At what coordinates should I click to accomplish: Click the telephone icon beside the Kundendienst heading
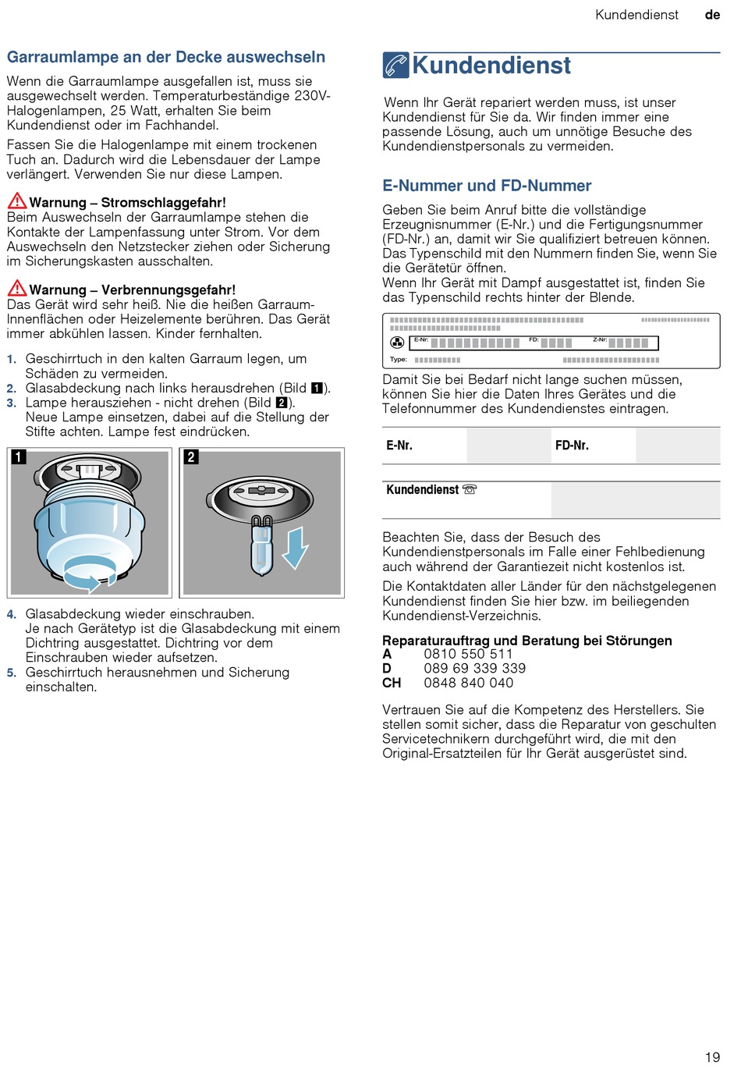click(x=396, y=66)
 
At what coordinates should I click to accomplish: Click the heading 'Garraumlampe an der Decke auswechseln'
click(x=166, y=57)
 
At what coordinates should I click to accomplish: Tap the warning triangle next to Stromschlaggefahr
click(x=17, y=201)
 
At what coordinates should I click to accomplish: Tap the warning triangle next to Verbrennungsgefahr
click(x=17, y=289)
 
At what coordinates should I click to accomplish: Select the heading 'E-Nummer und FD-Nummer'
click(x=487, y=186)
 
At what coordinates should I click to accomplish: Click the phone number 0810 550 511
click(x=468, y=654)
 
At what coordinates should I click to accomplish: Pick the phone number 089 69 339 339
click(x=474, y=669)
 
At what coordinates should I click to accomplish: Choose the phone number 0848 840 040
click(x=468, y=684)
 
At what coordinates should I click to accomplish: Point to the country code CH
click(x=392, y=684)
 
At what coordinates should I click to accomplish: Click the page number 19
click(x=712, y=1057)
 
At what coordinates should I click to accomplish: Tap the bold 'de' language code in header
click(x=712, y=15)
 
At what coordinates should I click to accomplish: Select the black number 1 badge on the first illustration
click(x=19, y=457)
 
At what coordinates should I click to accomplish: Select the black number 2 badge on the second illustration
click(x=190, y=457)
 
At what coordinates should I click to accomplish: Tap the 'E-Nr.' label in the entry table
click(x=399, y=446)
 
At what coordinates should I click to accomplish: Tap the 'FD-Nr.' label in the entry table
click(x=572, y=446)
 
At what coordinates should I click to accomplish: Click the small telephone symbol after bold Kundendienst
click(x=470, y=489)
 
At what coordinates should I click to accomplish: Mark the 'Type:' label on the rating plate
click(x=399, y=360)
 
